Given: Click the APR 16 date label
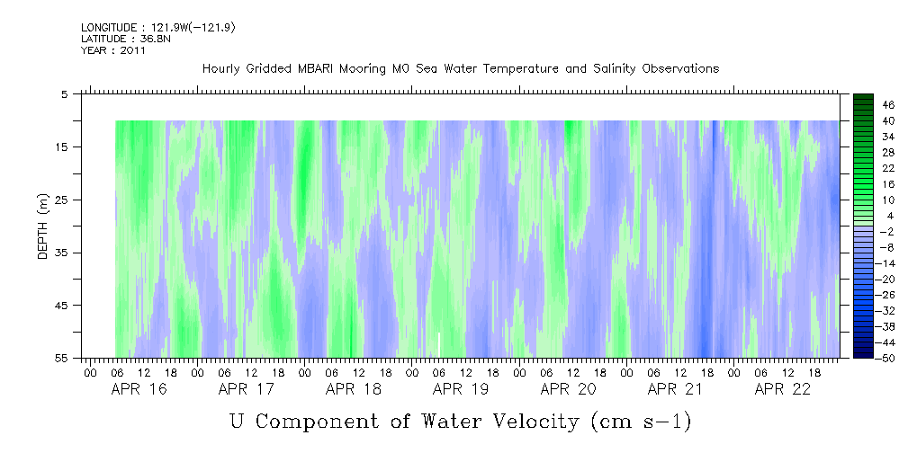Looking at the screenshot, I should coord(139,389).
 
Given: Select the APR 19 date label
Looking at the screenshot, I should coord(461,389).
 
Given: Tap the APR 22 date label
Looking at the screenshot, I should coord(783,389).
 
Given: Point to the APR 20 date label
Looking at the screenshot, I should coord(568,389).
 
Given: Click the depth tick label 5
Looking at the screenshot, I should coord(64,93).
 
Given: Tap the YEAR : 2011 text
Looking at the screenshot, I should coord(112,51).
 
